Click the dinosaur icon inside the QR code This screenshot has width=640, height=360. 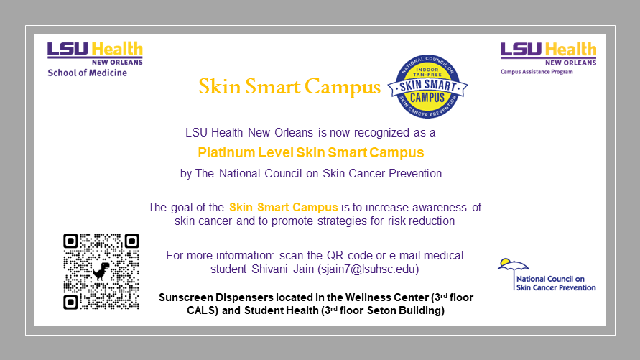pyautogui.click(x=101, y=272)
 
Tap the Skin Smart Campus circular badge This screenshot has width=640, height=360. pyautogui.click(x=427, y=86)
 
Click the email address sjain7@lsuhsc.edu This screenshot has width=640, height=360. pyautogui.click(x=368, y=269)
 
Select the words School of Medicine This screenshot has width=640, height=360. pyautogui.click(x=88, y=73)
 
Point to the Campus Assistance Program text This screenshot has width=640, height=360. pyautogui.click(x=537, y=72)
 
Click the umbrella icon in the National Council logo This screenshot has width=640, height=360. pyautogui.click(x=513, y=269)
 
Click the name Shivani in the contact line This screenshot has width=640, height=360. pyautogui.click(x=269, y=269)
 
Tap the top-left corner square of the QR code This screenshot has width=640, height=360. pyautogui.click(x=70, y=241)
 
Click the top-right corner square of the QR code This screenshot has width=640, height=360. pyautogui.click(x=132, y=241)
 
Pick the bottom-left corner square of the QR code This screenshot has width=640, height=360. pyautogui.click(x=70, y=303)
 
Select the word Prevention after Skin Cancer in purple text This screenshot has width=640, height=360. pyautogui.click(x=415, y=174)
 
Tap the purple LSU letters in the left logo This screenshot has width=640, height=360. pyautogui.click(x=68, y=49)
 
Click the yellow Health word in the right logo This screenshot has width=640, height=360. pyautogui.click(x=570, y=50)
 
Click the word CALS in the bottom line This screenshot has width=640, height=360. pyautogui.click(x=202, y=310)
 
